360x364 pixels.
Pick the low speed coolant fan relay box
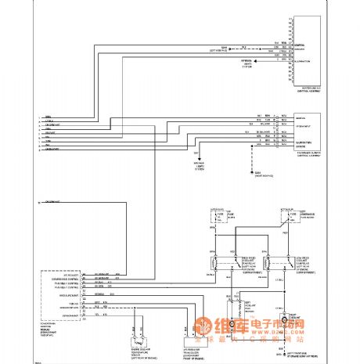[278, 265]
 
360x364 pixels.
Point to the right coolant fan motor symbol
[287, 323]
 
